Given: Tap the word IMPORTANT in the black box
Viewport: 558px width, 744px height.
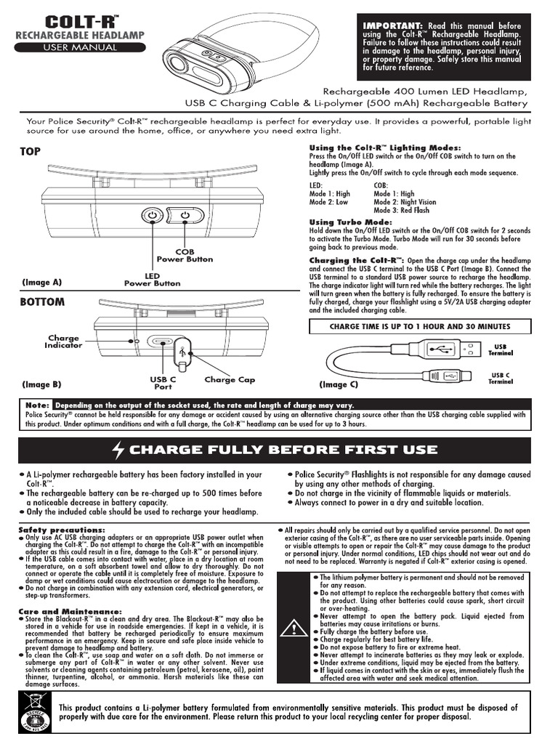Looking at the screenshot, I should (x=392, y=25).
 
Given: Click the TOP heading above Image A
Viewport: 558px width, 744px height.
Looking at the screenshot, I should (x=31, y=151).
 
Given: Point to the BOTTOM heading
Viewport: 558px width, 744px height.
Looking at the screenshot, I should (x=42, y=302).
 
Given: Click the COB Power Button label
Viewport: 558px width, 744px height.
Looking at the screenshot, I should (x=185, y=255).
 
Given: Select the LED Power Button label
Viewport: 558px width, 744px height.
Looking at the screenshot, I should (x=152, y=280).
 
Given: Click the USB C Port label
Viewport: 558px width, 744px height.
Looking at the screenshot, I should (x=163, y=383).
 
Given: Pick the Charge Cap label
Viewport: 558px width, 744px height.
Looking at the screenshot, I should (x=230, y=379).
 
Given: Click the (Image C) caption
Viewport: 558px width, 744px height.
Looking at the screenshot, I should (x=339, y=384).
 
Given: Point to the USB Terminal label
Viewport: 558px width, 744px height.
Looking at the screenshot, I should (x=501, y=349).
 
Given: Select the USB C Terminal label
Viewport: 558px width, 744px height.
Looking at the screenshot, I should (x=501, y=378).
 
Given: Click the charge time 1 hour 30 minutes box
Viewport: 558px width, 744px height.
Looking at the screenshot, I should (x=420, y=326).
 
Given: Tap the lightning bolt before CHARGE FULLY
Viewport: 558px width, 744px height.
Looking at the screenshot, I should (x=118, y=450).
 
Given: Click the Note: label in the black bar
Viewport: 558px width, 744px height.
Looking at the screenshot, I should (x=37, y=405).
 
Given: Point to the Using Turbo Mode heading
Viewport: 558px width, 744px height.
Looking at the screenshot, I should (x=351, y=222).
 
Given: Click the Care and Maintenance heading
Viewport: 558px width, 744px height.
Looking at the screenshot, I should (x=70, y=611).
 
